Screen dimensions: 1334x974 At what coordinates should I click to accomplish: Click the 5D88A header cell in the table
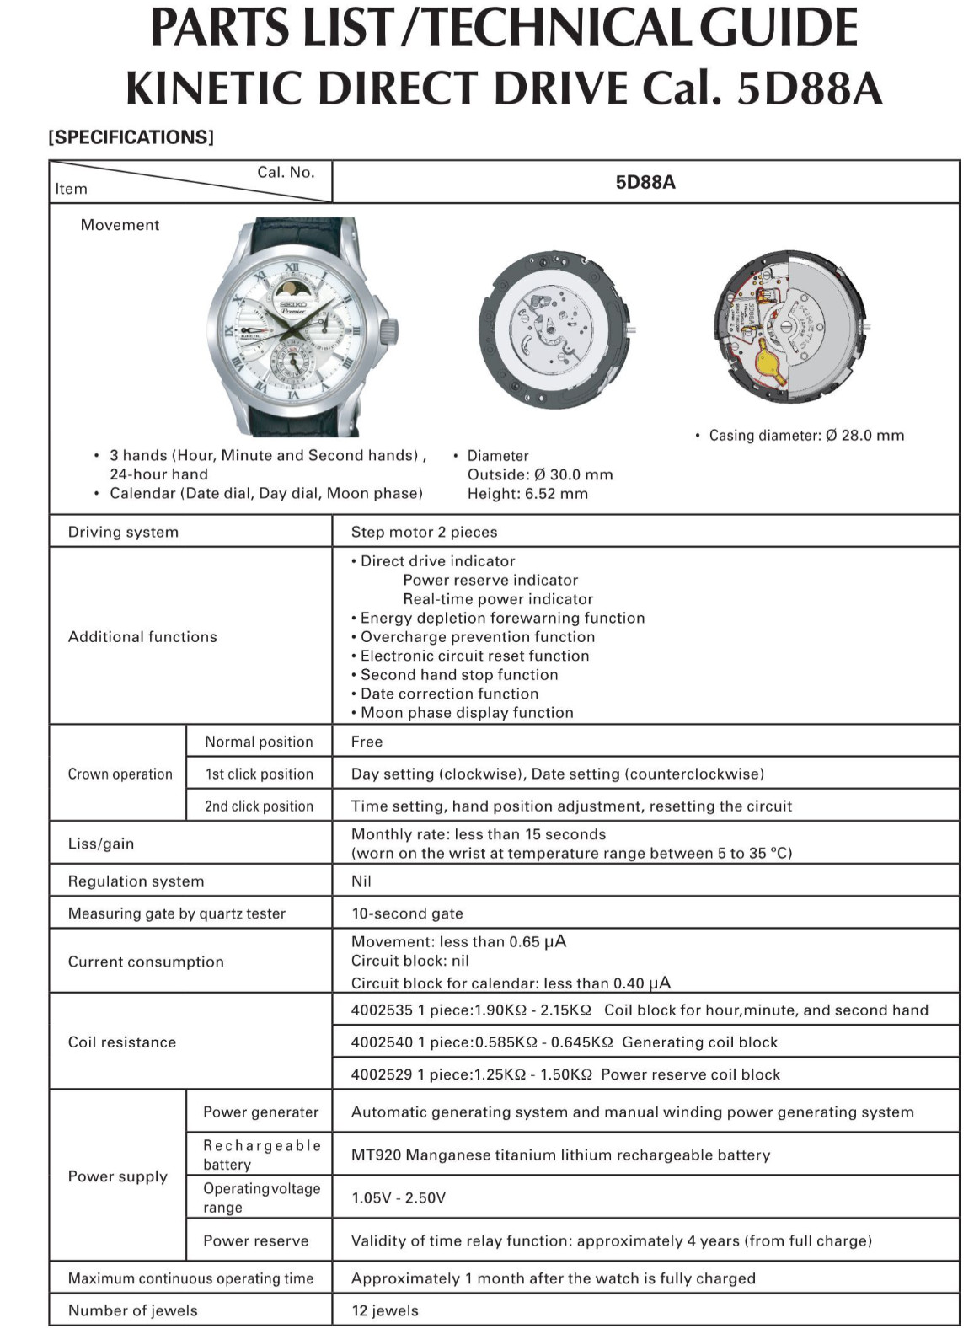[x=645, y=182]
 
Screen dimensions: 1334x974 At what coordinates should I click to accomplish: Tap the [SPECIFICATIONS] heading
[x=131, y=137]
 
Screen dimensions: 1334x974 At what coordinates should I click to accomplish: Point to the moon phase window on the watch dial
[x=292, y=292]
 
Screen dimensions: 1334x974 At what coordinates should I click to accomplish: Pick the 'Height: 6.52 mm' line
[x=527, y=494]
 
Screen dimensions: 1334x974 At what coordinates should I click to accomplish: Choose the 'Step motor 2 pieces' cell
[x=424, y=532]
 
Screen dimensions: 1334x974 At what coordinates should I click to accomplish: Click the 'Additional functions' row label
[x=142, y=637]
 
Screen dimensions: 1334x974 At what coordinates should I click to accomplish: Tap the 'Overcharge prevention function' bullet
[x=477, y=637]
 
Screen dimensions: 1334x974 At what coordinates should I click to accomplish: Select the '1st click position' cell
[x=259, y=774]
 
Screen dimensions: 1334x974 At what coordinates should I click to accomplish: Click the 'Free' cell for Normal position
[x=367, y=742]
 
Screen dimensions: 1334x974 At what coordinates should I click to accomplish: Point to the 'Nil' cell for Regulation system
[x=361, y=881]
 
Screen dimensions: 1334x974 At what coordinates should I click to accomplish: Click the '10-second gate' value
[x=407, y=913]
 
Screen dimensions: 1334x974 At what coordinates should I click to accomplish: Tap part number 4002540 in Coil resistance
[x=382, y=1042]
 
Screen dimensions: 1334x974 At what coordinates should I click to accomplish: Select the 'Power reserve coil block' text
[x=690, y=1074]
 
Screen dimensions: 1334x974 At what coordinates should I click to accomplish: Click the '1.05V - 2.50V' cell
[x=399, y=1197]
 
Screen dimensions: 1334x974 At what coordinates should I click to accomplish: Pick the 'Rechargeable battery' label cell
[x=261, y=1155]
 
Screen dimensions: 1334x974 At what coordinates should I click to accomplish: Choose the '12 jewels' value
[x=384, y=1310]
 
